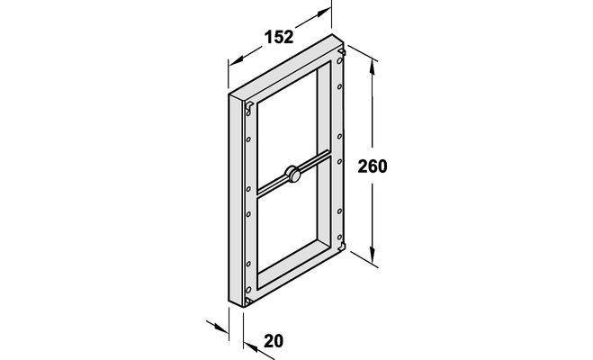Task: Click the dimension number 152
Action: tap(279, 37)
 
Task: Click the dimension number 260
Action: tap(373, 166)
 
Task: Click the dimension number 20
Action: tap(274, 341)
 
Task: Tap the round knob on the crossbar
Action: tap(292, 174)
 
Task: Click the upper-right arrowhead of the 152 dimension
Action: tap(322, 13)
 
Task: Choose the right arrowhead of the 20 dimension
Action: tap(251, 346)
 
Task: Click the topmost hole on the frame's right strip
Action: tap(339, 60)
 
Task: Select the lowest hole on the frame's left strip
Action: tap(248, 290)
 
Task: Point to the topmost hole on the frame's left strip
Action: tap(248, 139)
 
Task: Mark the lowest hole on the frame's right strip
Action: tap(339, 238)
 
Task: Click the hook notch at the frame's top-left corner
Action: tap(248, 107)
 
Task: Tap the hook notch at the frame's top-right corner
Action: tap(342, 51)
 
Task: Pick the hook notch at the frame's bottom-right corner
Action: tap(342, 247)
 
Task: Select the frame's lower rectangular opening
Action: tap(287, 223)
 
